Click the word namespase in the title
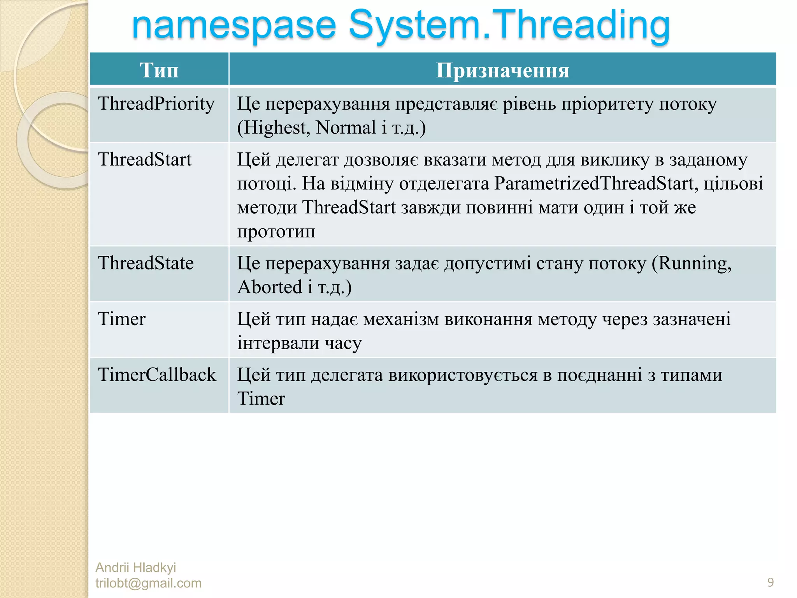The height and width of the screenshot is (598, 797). [233, 26]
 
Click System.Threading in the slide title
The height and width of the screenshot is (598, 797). [509, 26]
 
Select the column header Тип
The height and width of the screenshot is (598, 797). [159, 70]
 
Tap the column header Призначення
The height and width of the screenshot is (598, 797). [502, 70]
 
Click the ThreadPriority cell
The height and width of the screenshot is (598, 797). [156, 104]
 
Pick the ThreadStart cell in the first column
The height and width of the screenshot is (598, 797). [145, 160]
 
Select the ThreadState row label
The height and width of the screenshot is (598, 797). [146, 263]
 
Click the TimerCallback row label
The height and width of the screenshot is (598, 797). [157, 375]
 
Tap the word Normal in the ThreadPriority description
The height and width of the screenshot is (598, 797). [346, 128]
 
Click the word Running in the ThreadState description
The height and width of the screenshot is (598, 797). [693, 264]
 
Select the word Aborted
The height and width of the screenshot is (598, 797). [270, 287]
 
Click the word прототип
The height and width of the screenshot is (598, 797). [276, 232]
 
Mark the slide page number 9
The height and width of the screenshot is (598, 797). [770, 582]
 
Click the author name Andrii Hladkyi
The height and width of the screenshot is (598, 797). [135, 567]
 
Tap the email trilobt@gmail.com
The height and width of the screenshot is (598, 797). [148, 583]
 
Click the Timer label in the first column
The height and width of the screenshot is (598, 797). [121, 319]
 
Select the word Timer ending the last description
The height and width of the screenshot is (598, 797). [261, 399]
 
